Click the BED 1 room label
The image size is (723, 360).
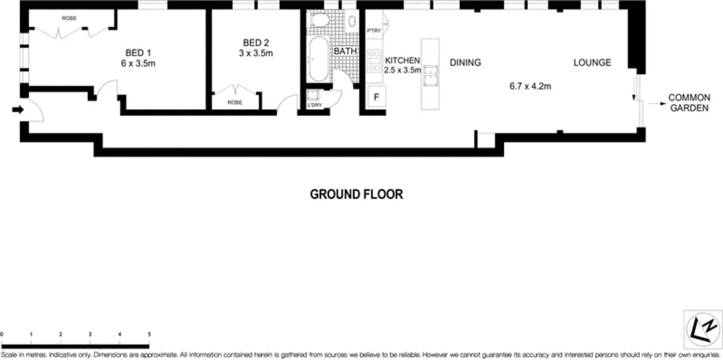(x=138, y=53)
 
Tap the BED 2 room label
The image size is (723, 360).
(x=256, y=42)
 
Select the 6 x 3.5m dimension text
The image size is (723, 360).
(x=138, y=64)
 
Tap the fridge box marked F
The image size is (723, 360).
(x=376, y=97)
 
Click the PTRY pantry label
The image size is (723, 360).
(x=374, y=31)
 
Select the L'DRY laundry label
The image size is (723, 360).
(x=315, y=105)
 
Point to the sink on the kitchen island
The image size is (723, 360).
(x=430, y=75)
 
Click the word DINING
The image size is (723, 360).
(x=465, y=63)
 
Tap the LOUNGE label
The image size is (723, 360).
(x=592, y=63)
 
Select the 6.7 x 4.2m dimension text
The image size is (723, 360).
(x=530, y=86)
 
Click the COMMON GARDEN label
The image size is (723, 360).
(x=689, y=103)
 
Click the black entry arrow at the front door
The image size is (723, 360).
(x=18, y=110)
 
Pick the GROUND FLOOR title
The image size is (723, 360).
(x=356, y=194)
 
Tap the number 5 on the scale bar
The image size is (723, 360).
(x=149, y=335)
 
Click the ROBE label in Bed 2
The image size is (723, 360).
(x=235, y=103)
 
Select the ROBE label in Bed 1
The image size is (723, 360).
(x=69, y=18)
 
